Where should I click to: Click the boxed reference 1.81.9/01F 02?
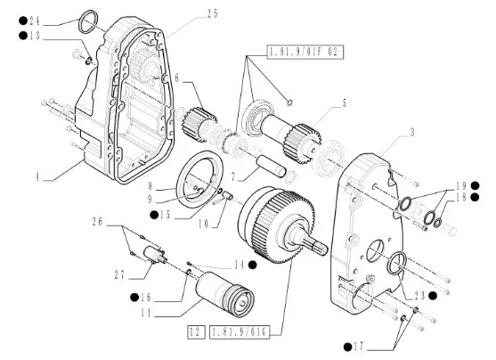pos(305,52)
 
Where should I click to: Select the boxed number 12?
pos(196,332)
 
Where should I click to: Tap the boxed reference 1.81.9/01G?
pos(240,332)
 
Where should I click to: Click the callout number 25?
pos(213,14)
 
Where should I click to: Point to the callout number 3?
pos(412,133)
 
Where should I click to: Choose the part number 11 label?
pos(146,314)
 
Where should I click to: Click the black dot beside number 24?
pos(23,21)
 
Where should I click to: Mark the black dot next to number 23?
pos(433,296)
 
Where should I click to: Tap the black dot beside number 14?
pos(252,265)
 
